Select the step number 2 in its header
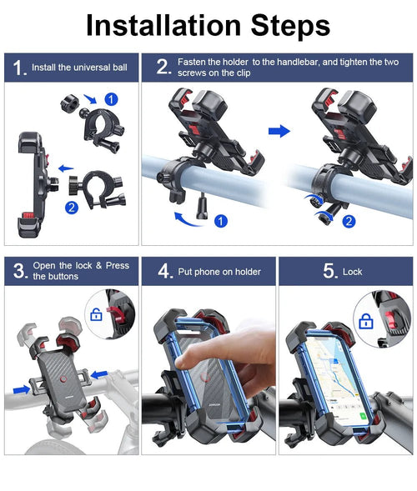point(163,68)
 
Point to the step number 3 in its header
point(18,271)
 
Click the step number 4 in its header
point(164,272)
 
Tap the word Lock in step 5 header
point(352,272)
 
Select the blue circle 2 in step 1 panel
point(72,208)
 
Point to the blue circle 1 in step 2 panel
point(220,221)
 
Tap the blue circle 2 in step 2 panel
point(348,221)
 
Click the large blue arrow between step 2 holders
point(281,131)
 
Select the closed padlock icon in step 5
point(364,320)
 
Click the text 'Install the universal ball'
point(79,68)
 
